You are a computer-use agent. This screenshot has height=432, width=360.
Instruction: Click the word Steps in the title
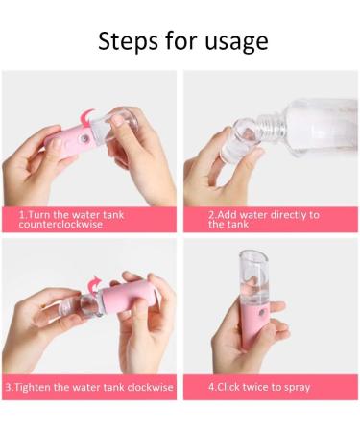click(125, 42)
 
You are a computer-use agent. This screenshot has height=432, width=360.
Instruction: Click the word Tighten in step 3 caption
click(36, 388)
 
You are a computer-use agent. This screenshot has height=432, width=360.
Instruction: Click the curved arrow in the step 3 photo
click(95, 281)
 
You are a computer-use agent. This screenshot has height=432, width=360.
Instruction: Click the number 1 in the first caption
click(21, 214)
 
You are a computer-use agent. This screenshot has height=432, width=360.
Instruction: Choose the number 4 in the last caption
click(212, 388)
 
